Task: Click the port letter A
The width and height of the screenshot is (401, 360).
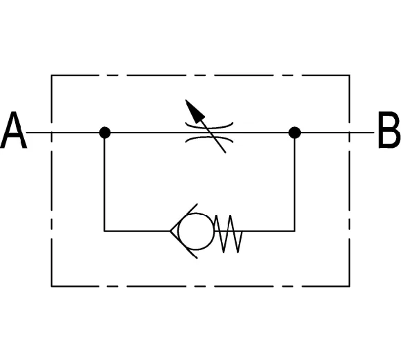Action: click(13, 130)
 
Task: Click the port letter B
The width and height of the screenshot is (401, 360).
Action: click(389, 130)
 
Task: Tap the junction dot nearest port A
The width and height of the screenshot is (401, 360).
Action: click(105, 133)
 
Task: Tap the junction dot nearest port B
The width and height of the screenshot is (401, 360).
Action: click(295, 133)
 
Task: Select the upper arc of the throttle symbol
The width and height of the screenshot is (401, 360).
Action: click(209, 126)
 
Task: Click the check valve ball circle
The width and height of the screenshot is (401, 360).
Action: click(195, 231)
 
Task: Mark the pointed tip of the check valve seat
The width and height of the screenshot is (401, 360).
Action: click(170, 231)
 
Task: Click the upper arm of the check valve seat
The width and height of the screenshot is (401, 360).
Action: click(184, 218)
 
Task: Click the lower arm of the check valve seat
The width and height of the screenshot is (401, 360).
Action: click(184, 245)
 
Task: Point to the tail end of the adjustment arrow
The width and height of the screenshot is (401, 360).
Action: click(225, 153)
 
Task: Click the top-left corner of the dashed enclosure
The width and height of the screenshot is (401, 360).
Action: click(52, 75)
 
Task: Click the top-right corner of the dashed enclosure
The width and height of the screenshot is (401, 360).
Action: click(349, 75)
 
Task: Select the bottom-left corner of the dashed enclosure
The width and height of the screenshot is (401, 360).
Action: click(52, 286)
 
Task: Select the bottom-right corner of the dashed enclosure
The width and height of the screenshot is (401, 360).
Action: click(349, 286)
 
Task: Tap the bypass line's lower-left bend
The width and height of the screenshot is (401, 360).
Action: click(104, 231)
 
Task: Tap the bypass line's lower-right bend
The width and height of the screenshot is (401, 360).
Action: click(295, 231)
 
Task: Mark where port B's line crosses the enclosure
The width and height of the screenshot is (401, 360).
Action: click(349, 133)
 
